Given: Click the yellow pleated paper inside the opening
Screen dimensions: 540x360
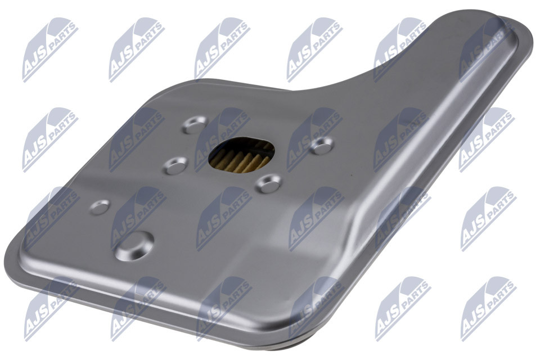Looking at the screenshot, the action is [x=241, y=161].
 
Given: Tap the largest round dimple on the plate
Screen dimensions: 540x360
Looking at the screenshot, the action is [x=135, y=245].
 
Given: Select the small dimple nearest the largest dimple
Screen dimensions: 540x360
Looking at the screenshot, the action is [x=100, y=206].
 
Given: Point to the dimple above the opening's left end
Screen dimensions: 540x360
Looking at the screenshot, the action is [x=195, y=124].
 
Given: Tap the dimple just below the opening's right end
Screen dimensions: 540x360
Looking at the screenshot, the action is [x=269, y=183].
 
